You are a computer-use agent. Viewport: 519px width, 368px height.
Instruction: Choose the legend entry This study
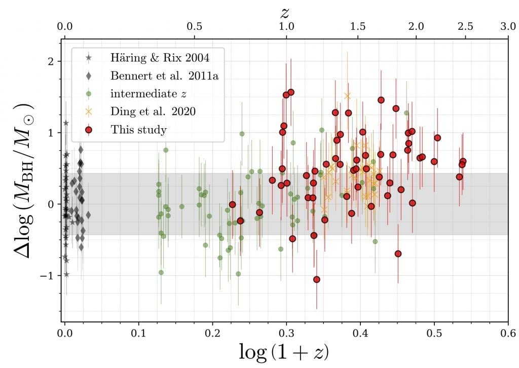[x=138, y=130]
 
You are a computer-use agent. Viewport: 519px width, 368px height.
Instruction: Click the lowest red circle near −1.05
[x=317, y=279]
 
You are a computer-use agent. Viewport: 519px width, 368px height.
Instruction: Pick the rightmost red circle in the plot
[x=463, y=161]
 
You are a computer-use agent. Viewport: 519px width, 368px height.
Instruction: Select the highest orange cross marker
[x=347, y=96]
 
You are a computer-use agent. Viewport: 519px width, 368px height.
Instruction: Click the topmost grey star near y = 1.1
[x=66, y=123]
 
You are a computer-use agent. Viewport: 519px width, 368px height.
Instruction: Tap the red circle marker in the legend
[x=89, y=130]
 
